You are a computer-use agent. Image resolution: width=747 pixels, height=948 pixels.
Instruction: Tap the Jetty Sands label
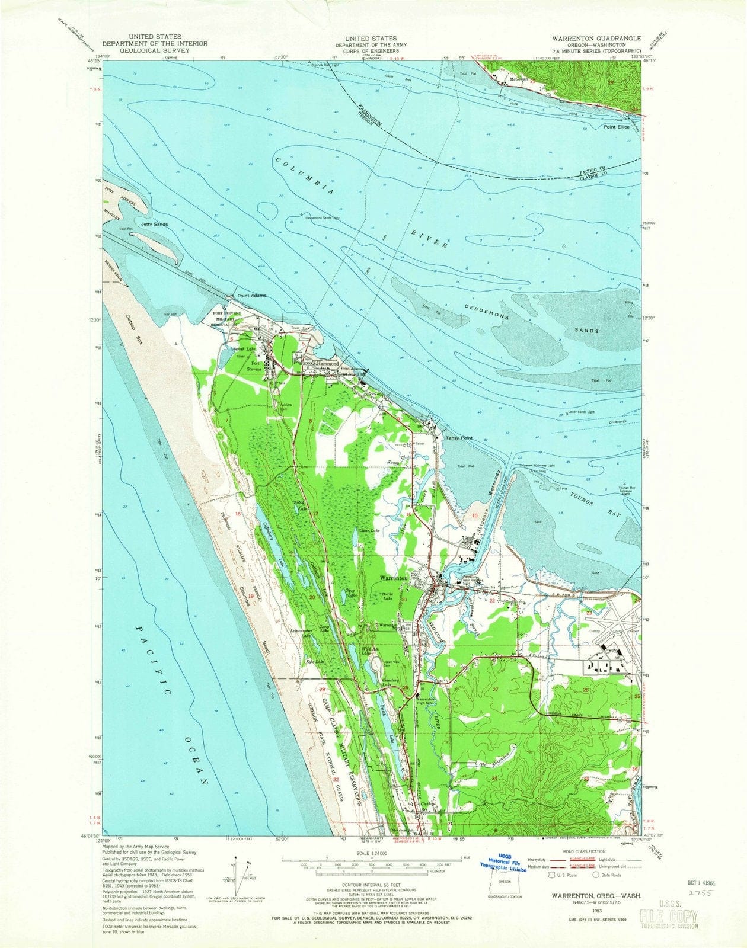click(x=154, y=225)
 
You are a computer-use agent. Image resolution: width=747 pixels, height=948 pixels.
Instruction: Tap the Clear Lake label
click(x=369, y=530)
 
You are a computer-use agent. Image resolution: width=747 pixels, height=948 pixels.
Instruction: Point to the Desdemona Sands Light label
click(x=323, y=217)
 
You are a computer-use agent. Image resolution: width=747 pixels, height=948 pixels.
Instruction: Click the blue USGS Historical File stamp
click(x=507, y=864)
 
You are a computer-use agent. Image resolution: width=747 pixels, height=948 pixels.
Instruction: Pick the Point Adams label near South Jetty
click(x=252, y=295)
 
